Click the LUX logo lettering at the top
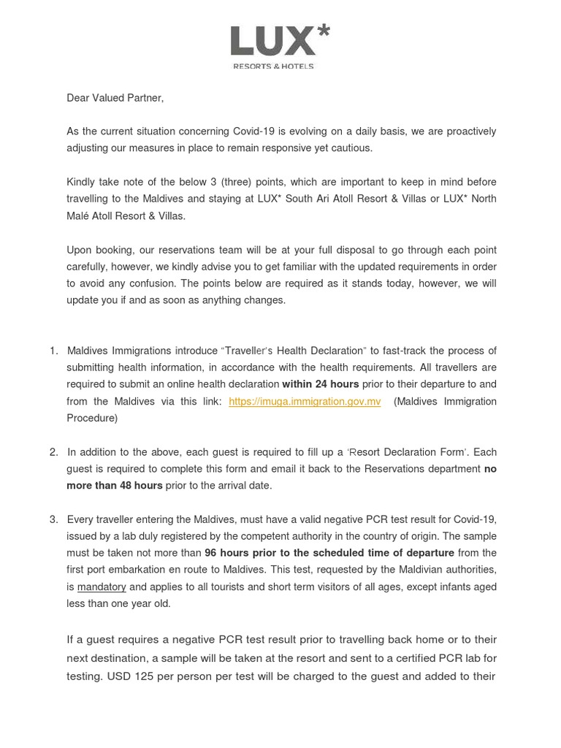tap(272, 42)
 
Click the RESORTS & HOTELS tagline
tap(273, 66)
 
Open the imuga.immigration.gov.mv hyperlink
tap(305, 402)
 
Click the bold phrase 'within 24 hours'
tap(321, 384)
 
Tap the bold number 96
tap(211, 553)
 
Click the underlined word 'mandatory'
tap(102, 587)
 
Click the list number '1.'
tap(54, 351)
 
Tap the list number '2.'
tap(54, 452)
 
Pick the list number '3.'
tap(54, 519)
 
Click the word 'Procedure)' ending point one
tap(92, 419)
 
